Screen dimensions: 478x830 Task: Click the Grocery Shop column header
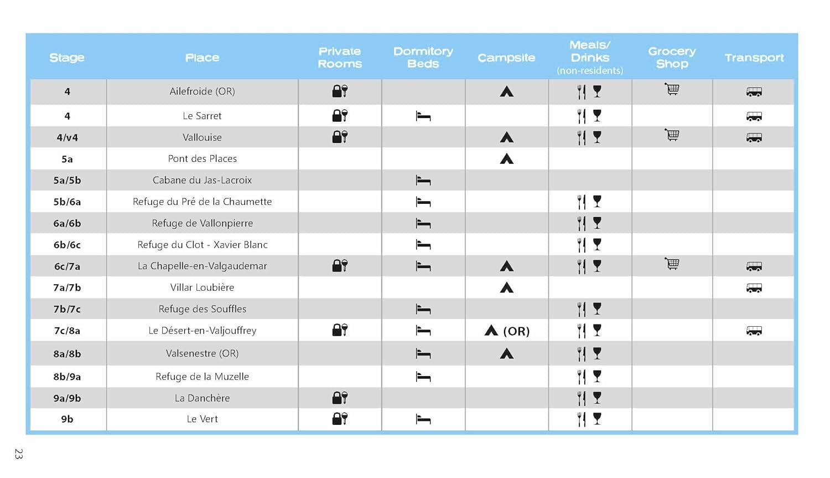coord(672,58)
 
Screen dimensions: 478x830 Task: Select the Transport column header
coord(754,58)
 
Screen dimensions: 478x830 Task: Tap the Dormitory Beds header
coord(423,58)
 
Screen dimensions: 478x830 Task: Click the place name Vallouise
coord(202,137)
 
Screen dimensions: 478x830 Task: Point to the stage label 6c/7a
coord(67,266)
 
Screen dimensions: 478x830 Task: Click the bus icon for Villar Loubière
coord(754,288)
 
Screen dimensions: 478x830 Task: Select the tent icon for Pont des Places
coord(506,159)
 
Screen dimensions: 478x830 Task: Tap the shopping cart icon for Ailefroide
coord(672,89)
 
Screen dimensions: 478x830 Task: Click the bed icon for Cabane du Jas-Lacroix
coord(423,181)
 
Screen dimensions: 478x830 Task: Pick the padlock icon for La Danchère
coord(339,398)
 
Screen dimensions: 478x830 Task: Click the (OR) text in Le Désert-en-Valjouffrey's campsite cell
coord(516,331)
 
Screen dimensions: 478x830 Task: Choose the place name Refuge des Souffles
coord(202,309)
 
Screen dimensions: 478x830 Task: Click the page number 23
coord(19,454)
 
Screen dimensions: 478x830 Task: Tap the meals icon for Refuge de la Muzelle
coord(589,377)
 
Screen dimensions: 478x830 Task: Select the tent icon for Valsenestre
coord(506,353)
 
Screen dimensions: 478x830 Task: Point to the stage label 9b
coord(67,419)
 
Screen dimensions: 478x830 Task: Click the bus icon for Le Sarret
coord(754,116)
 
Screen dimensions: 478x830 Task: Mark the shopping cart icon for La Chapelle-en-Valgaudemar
coord(672,264)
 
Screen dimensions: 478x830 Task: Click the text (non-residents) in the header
coord(589,70)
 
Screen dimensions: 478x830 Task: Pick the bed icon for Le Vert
coord(423,420)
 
